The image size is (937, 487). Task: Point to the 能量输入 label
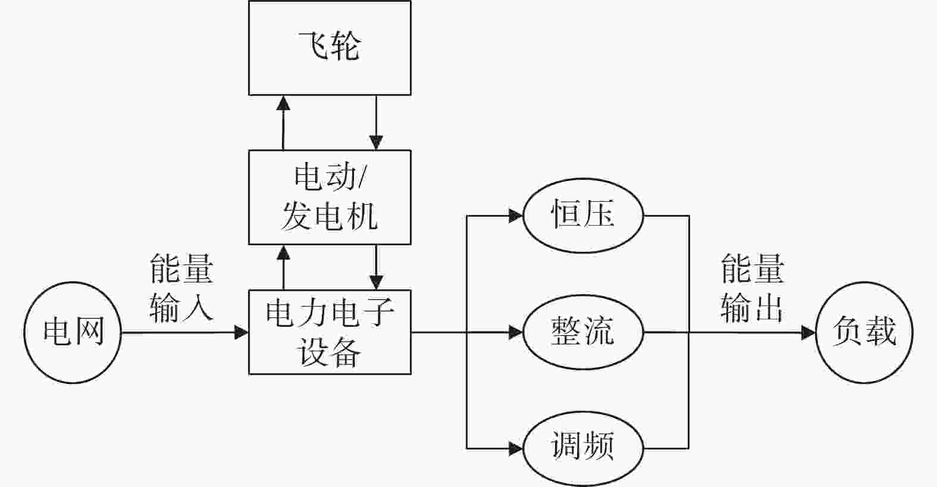[x=181, y=288]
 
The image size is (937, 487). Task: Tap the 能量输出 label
[x=752, y=288]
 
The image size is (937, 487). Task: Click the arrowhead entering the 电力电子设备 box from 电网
[x=242, y=332]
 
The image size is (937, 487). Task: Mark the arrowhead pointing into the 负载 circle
[x=808, y=333]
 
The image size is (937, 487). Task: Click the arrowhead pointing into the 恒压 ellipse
[x=516, y=216]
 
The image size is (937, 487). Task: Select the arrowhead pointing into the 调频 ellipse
[x=516, y=448]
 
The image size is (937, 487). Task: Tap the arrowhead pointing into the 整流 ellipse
[x=516, y=332]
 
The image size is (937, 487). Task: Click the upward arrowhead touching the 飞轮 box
[x=284, y=103]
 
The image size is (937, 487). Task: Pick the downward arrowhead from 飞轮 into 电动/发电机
[x=376, y=142]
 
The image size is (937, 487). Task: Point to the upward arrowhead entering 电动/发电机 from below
[x=284, y=252]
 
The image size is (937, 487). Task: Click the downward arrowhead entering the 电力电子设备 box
[x=376, y=282]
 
